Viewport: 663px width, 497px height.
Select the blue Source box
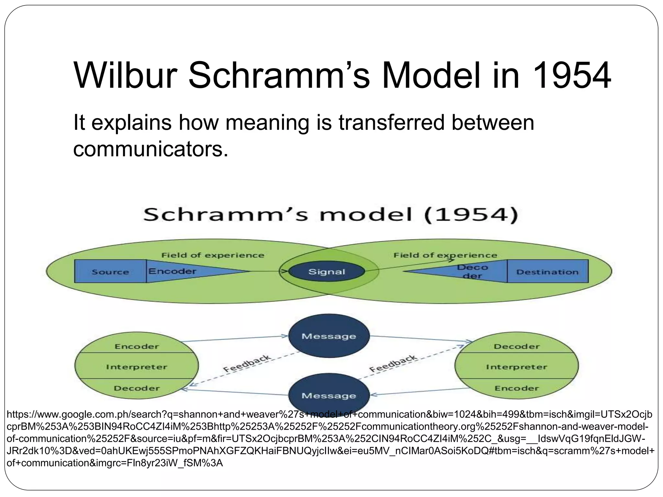[110, 272]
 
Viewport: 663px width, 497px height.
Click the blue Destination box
[547, 272]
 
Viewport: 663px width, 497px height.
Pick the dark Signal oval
[326, 272]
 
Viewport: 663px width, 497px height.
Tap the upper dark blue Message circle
[329, 336]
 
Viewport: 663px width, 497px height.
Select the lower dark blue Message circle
[329, 395]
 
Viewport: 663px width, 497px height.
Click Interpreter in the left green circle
[137, 367]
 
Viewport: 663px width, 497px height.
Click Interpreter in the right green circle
[516, 367]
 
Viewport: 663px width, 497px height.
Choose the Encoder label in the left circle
[137, 347]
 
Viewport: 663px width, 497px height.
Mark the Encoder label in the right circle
[516, 388]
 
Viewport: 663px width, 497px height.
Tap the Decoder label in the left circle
[137, 388]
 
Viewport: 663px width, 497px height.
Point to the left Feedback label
[247, 363]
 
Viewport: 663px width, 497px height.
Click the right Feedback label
[393, 363]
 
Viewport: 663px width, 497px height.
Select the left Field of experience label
[213, 255]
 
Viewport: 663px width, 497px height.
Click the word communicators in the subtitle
[151, 149]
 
